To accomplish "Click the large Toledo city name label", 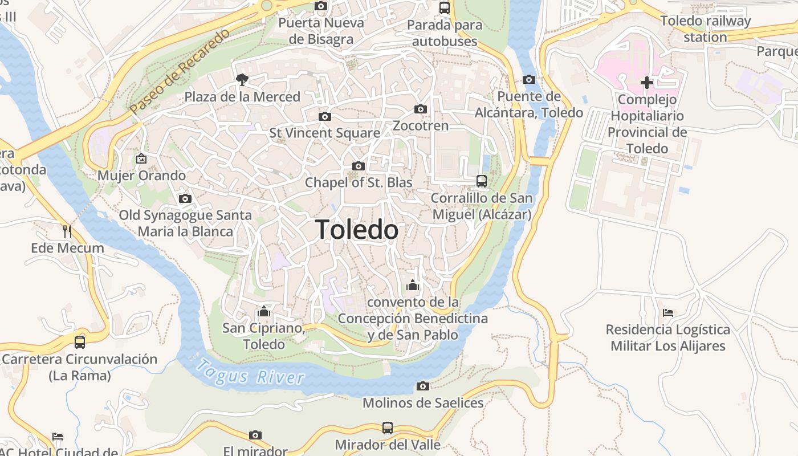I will pyautogui.click(x=357, y=230).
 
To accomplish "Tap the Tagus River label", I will pyautogui.click(x=251, y=372).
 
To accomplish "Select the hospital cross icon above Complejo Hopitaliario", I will pyautogui.click(x=646, y=83).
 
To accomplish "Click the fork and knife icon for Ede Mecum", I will pyautogui.click(x=67, y=231).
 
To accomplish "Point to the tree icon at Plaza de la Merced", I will pyautogui.click(x=242, y=79).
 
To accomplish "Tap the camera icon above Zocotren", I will pyautogui.click(x=421, y=109).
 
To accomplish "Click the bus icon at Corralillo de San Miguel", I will pyautogui.click(x=482, y=181).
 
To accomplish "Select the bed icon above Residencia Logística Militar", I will pyautogui.click(x=668, y=312).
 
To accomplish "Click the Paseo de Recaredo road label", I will pyautogui.click(x=179, y=71).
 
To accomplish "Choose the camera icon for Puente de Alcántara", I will pyautogui.click(x=528, y=79).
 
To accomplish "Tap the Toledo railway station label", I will pyautogui.click(x=706, y=29).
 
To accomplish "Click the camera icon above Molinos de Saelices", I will pyautogui.click(x=423, y=386).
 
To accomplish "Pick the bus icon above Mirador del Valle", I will pyautogui.click(x=388, y=427).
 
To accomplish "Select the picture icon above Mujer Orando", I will pyautogui.click(x=141, y=158).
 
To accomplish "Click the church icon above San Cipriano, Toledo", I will pyautogui.click(x=264, y=311).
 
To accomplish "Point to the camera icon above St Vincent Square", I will pyautogui.click(x=325, y=116).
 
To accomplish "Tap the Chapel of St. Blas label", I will pyautogui.click(x=359, y=182).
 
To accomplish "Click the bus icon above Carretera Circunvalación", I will pyautogui.click(x=80, y=342).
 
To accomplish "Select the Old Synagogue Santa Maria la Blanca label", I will pyautogui.click(x=185, y=223).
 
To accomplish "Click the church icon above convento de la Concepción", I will pyautogui.click(x=413, y=285).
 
